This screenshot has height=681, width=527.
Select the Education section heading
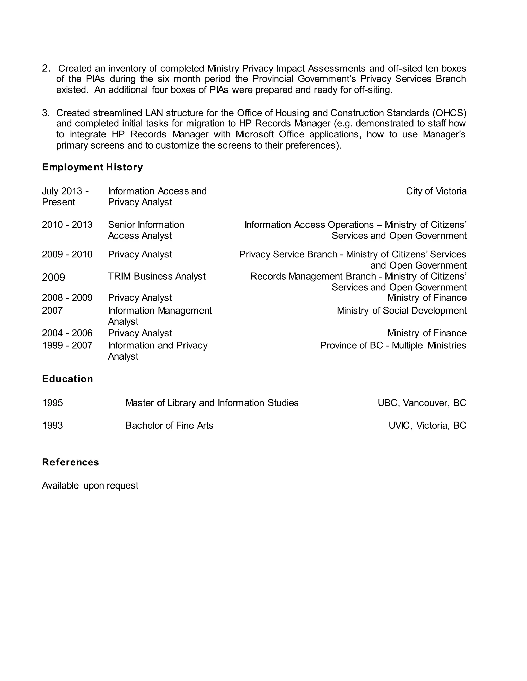click(67, 379)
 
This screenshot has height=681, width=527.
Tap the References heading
click(71, 462)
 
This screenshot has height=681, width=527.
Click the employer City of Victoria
click(436, 191)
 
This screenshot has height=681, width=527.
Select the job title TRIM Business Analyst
click(157, 276)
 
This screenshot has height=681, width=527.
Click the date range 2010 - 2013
click(67, 225)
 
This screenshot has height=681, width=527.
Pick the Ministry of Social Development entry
click(401, 311)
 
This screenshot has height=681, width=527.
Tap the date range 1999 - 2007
click(67, 345)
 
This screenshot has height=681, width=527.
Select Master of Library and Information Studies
click(212, 403)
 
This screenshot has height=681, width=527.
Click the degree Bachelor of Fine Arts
click(169, 426)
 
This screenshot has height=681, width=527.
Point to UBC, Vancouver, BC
click(422, 403)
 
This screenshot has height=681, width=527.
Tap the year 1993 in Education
click(52, 426)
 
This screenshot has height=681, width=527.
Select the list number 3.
click(46, 113)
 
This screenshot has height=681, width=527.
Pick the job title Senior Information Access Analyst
click(146, 230)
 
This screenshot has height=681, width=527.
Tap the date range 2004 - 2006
click(67, 333)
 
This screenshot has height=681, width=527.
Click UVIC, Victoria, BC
click(427, 426)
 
